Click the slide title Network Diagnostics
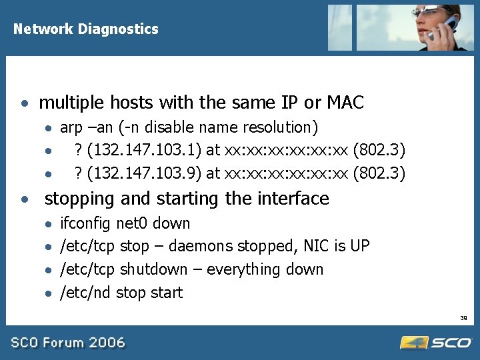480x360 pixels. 86,29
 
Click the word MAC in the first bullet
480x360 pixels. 345,103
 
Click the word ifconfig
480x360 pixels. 85,223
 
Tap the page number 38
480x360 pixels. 464,319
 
